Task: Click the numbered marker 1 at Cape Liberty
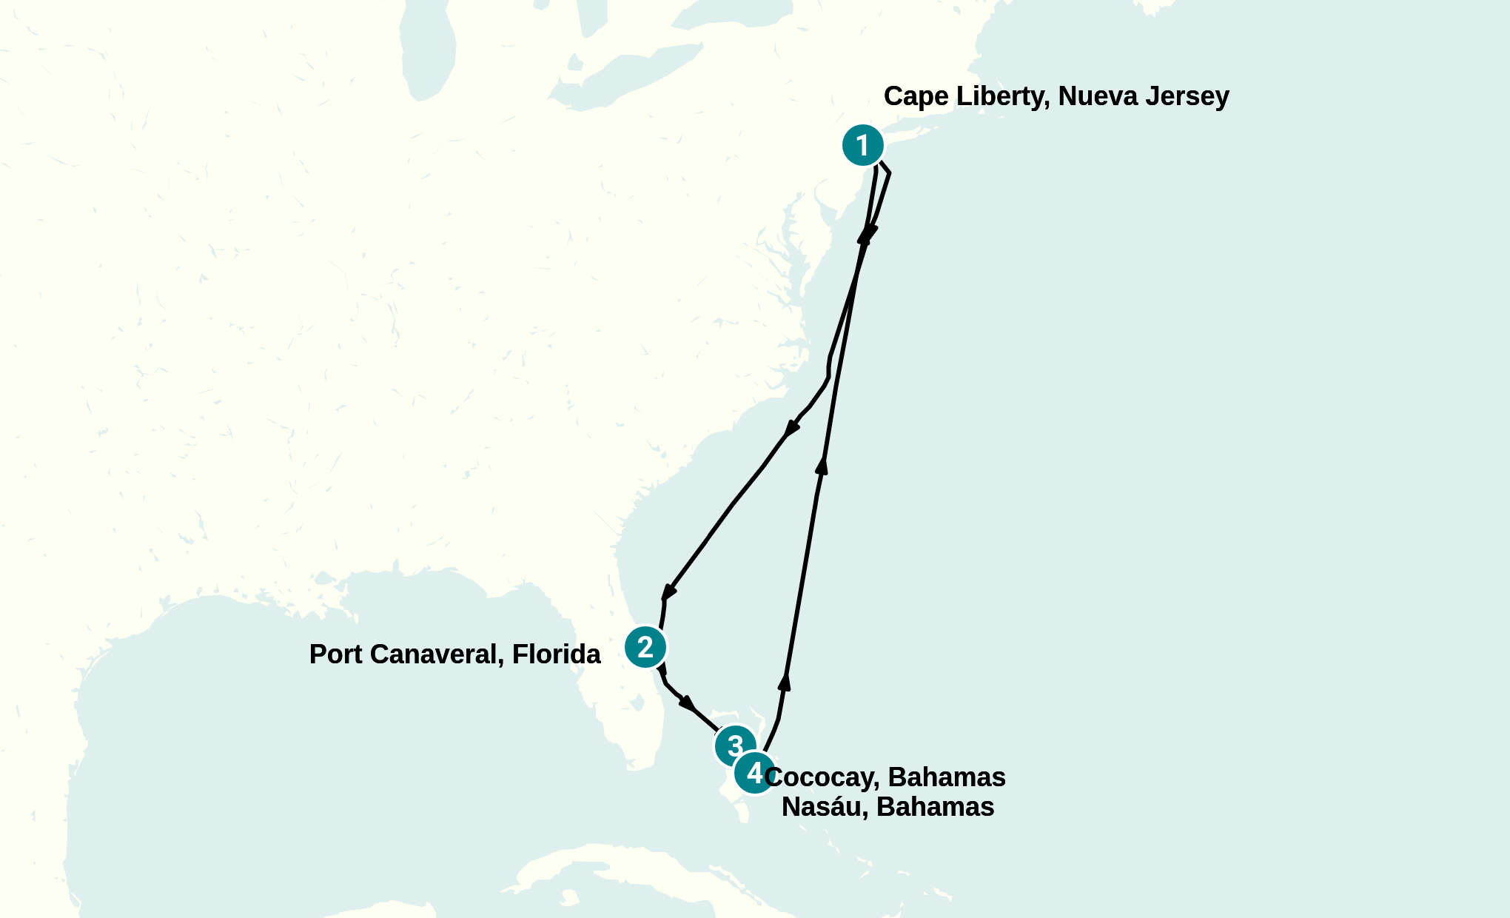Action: tap(862, 145)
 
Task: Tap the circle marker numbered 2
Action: tap(645, 647)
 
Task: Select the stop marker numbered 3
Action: tap(734, 746)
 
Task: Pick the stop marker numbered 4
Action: tap(754, 773)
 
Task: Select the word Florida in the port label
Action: tap(557, 654)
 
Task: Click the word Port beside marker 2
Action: tap(336, 654)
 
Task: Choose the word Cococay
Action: tap(821, 777)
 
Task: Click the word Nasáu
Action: tap(825, 807)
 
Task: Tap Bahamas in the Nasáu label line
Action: tap(935, 807)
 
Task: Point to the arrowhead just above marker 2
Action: tap(668, 592)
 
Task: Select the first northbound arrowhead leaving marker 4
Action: tap(785, 681)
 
